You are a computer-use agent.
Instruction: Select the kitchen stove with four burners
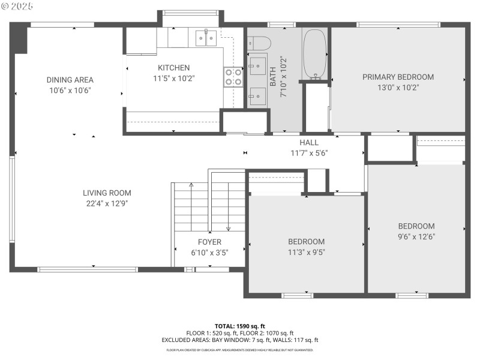[x=233, y=77]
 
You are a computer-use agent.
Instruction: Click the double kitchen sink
[x=207, y=38]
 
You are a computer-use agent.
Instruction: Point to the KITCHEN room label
[x=173, y=68]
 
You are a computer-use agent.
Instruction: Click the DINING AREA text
[x=70, y=80]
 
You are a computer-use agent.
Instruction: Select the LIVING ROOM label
[x=107, y=193]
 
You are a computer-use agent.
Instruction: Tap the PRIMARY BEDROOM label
[x=398, y=77]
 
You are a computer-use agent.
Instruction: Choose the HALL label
[x=309, y=143]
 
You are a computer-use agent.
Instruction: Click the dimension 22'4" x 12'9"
[x=107, y=203]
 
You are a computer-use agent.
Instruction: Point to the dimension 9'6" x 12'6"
[x=416, y=236]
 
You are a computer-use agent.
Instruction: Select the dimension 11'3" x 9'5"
[x=306, y=252]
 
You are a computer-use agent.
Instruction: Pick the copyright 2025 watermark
[x=17, y=5]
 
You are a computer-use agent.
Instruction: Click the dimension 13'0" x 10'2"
[x=398, y=87]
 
